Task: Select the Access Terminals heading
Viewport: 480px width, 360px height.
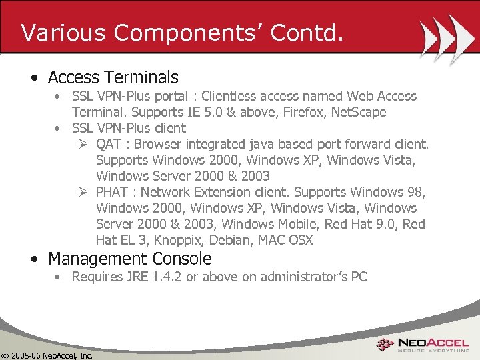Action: pos(113,78)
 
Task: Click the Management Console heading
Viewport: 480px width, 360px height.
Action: pos(129,259)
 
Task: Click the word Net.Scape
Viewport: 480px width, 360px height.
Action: pos(359,112)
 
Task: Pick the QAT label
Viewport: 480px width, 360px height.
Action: pos(109,144)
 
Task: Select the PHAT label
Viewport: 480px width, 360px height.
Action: pos(113,192)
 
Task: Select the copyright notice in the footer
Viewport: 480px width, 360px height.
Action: pos(47,355)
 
